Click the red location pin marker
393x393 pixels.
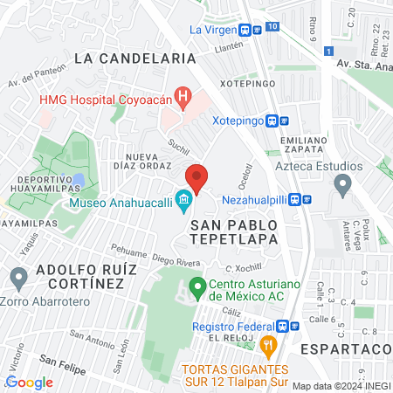coord(196,178)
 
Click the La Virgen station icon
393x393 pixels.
coord(247,29)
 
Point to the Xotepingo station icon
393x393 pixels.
coord(274,121)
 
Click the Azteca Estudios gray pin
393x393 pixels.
coord(343,183)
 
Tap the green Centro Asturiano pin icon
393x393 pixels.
coord(197,286)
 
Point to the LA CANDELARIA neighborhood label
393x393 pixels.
coord(134,58)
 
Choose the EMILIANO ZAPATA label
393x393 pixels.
coord(304,144)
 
